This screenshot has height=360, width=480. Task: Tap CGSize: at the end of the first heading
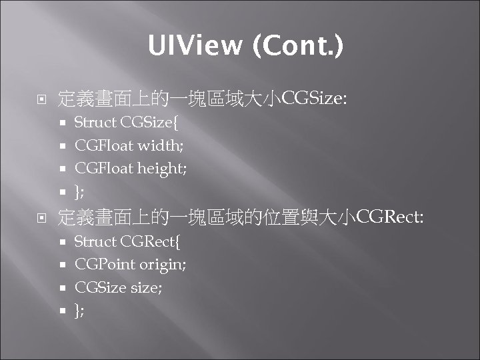315,100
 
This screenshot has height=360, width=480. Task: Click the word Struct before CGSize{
95,123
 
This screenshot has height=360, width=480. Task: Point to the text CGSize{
150,123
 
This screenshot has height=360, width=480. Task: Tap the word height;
162,169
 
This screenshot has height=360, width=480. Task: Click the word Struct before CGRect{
95,241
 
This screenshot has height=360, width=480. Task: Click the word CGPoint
105,264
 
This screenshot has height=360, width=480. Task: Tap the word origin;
163,265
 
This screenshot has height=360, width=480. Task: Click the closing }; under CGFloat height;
79,192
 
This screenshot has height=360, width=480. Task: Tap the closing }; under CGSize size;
79,310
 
